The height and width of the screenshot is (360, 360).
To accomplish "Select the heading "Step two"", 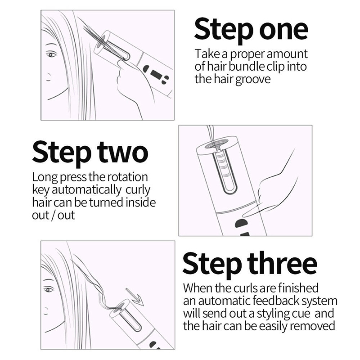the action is (90, 153).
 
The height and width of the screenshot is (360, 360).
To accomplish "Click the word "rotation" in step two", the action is (128, 177).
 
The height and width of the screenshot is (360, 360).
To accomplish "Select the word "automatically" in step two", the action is (86, 190).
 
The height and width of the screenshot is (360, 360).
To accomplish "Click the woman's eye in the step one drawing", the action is (51, 54).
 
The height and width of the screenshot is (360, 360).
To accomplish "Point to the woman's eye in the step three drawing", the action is (48, 289).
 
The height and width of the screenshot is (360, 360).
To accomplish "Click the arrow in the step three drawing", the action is (135, 297).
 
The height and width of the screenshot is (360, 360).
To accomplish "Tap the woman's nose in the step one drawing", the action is (48, 77).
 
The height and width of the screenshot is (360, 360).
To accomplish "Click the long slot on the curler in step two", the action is (225, 171).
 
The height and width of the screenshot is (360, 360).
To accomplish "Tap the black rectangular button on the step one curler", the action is (156, 74).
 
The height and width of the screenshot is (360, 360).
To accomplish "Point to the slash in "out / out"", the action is (53, 216).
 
